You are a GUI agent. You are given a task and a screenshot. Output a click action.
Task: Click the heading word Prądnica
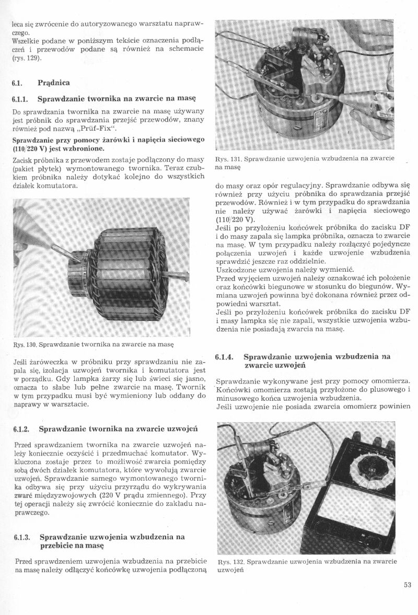(55, 83)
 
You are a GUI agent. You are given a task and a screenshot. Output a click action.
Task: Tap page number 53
(408, 585)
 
